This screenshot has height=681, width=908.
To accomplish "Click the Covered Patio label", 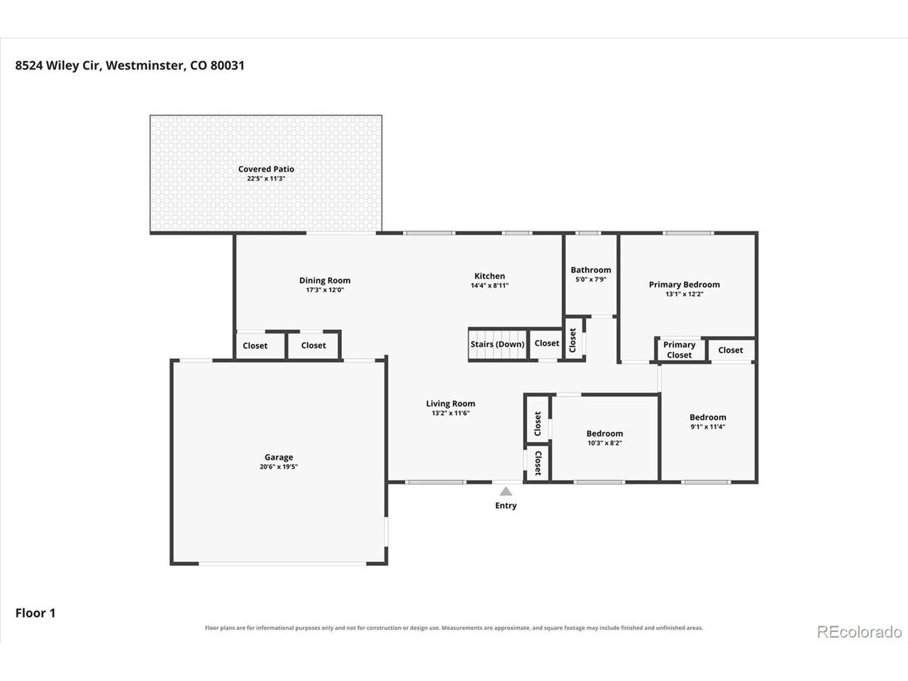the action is (266, 169).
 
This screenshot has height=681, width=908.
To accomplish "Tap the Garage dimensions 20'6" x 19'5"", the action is (279, 467).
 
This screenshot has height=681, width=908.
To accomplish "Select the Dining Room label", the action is (325, 281).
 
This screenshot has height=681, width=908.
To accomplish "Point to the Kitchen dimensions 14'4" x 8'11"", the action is (489, 285).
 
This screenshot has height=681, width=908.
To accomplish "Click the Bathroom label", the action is (591, 270).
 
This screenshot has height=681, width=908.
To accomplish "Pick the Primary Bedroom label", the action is (685, 284).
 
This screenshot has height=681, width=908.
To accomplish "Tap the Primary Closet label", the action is (680, 350).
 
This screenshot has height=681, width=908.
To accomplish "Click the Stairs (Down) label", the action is (497, 344).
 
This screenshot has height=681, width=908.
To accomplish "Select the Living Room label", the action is (450, 404).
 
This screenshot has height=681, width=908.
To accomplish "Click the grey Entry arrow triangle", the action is (506, 491).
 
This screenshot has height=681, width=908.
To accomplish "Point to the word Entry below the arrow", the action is (506, 505).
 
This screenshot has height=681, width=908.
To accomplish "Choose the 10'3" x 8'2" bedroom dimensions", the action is (605, 443).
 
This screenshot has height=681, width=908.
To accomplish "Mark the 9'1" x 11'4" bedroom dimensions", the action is (708, 427).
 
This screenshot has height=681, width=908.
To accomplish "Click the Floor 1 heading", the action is (35, 613).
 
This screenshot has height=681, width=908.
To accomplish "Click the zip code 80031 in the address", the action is (227, 65).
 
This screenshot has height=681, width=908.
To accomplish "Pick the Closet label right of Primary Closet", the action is (731, 350).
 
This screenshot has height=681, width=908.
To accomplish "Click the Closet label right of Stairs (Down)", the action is (547, 343).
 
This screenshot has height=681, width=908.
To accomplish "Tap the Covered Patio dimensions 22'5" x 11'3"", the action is (266, 179).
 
